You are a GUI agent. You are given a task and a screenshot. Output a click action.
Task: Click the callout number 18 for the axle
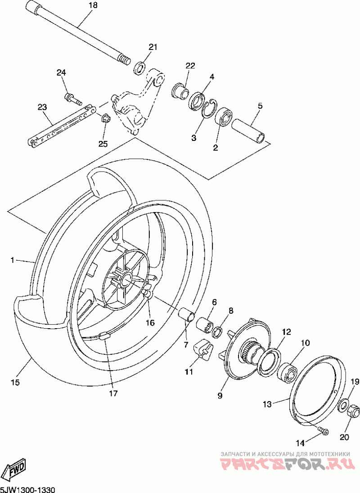coord(93,5)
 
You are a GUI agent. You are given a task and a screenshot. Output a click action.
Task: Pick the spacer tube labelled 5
coord(248,131)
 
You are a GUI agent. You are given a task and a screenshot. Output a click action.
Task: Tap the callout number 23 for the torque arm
coord(42,107)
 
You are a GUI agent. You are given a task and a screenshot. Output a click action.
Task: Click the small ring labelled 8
coord(217,332)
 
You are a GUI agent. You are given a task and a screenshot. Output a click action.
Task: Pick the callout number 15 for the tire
coord(15,383)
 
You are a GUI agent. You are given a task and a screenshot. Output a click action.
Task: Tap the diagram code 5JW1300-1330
coord(27,489)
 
